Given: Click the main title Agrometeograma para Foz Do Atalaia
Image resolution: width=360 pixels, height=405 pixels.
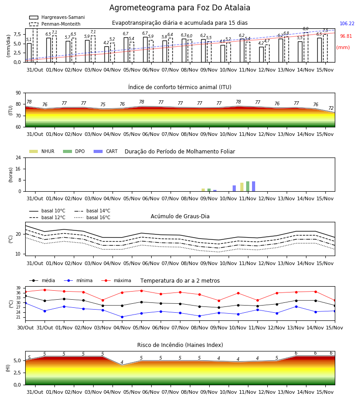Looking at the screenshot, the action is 180,8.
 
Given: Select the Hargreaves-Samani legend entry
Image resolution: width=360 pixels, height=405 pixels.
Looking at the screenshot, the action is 57,17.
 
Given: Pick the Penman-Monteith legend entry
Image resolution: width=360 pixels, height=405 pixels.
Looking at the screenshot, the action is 55,24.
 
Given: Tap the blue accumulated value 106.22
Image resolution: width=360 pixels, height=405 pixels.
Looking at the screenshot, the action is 347,23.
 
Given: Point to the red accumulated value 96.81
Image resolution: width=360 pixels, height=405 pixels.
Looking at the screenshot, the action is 346,36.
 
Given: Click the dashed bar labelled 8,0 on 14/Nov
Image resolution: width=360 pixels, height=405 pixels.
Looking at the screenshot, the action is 306,47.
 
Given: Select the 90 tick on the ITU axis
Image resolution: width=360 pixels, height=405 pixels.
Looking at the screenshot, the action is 18,93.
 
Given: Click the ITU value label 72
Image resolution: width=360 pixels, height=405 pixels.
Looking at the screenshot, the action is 331,108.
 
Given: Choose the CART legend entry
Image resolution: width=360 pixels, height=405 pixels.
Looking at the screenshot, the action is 106,151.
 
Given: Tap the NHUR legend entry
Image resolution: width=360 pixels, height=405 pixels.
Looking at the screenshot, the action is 42,151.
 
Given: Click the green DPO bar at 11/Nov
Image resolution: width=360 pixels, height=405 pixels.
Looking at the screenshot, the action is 247,186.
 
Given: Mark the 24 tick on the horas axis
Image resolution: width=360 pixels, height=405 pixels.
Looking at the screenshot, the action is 18,157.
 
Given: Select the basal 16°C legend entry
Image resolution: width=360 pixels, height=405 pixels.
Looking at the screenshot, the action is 92,217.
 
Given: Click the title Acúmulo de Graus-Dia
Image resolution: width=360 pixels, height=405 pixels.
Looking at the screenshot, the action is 180,216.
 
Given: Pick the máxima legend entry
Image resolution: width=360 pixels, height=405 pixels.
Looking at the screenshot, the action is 116,280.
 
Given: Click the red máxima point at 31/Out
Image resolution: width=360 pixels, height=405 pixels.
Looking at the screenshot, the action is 45,290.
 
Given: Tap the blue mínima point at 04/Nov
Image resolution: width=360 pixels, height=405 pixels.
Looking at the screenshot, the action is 122,317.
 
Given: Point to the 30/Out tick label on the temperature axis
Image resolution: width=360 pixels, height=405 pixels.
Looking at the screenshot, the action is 25,328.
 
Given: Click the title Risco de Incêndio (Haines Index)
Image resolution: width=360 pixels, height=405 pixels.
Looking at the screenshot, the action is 180,345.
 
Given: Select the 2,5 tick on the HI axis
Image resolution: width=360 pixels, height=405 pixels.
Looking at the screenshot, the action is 17,373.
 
